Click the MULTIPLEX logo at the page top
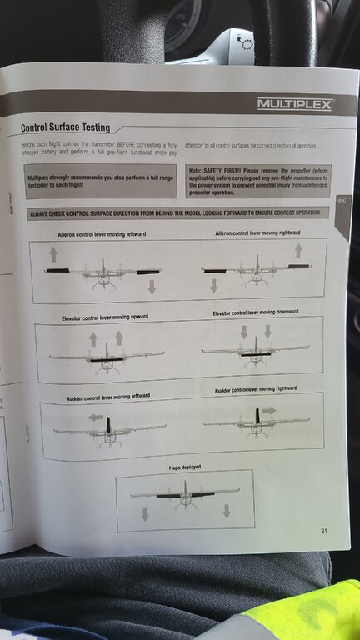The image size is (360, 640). [x=294, y=104]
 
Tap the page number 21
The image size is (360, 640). [x=324, y=531]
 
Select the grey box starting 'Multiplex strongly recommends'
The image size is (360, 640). [x=101, y=182]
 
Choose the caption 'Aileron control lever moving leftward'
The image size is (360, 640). [x=102, y=235]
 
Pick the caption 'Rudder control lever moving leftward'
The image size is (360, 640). [x=108, y=397]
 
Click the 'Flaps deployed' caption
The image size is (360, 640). [x=185, y=467]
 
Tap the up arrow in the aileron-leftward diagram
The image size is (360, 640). [x=53, y=254]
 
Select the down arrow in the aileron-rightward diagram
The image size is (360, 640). [x=213, y=286]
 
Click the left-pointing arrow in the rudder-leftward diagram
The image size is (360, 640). [x=95, y=417]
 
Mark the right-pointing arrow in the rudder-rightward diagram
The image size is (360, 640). [x=268, y=411]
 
